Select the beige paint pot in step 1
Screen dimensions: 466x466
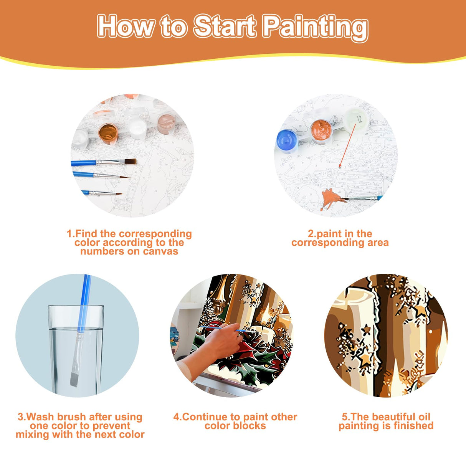pos(166,123)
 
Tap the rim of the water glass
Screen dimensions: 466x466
pos(76,307)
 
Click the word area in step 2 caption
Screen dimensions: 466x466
pos(378,243)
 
